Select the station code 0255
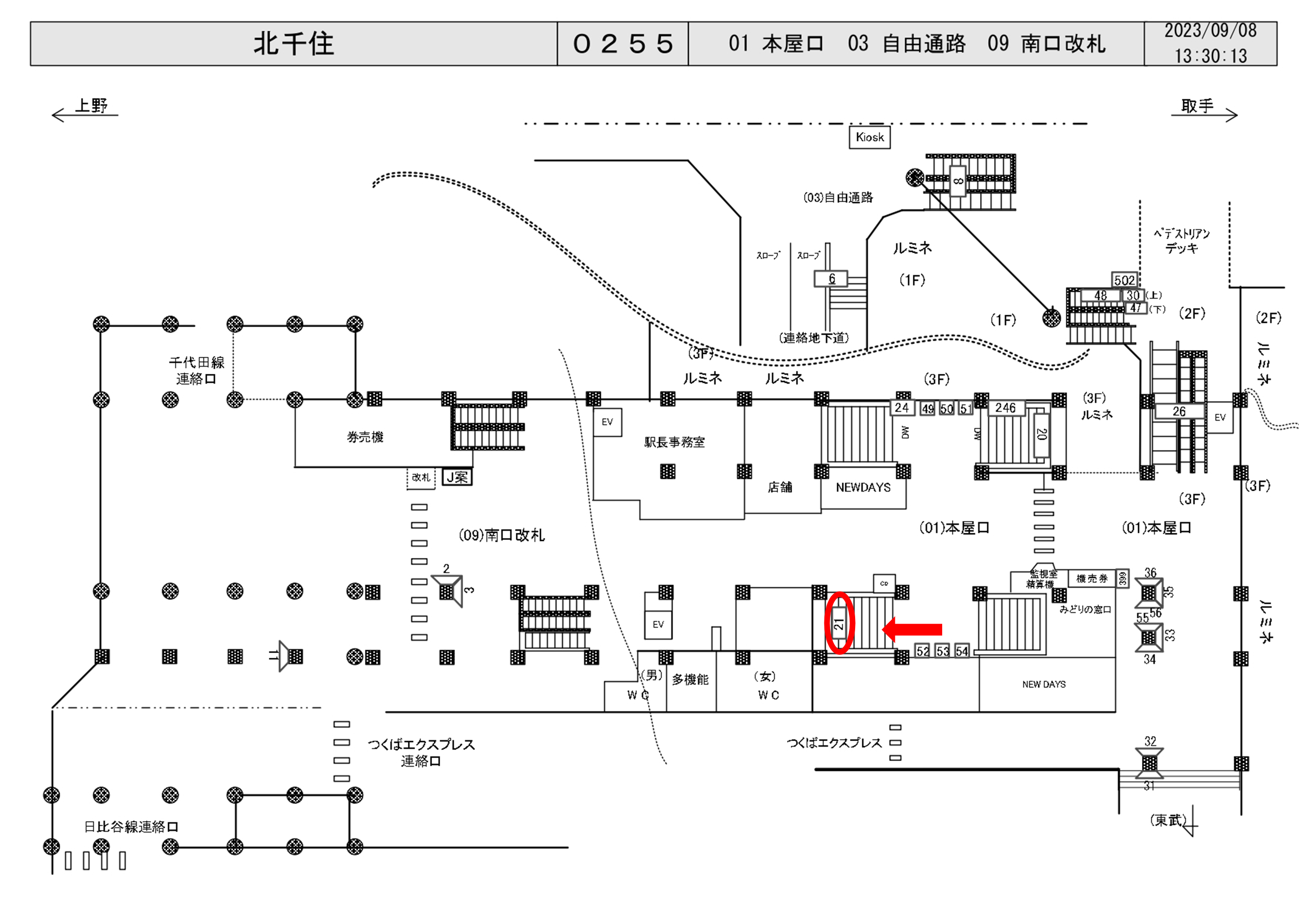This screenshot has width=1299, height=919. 623,44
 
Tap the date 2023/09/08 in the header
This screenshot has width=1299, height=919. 1210,31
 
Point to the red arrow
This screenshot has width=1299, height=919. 912,629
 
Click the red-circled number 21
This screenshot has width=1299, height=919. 839,624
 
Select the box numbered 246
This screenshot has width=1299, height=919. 1006,408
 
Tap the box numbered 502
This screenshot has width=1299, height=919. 1124,280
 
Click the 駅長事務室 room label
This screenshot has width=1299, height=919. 674,442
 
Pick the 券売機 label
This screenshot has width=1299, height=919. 365,437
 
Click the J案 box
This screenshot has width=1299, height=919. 457,477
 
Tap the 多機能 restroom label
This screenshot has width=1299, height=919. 690,680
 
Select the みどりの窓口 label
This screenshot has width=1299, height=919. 1085,610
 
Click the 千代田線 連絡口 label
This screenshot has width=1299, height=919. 196,371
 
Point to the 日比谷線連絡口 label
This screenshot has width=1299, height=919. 131,827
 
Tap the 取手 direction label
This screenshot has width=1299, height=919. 1197,106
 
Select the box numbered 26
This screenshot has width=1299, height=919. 1179,411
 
